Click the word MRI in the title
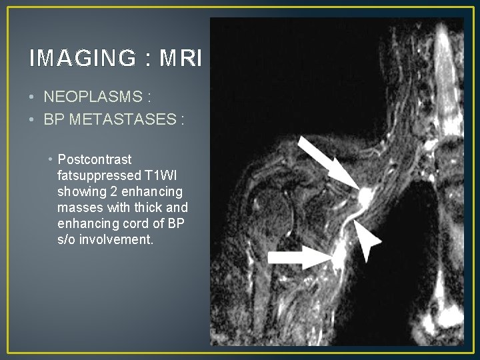pyautogui.click(x=181, y=59)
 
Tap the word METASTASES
pyautogui.click(x=125, y=120)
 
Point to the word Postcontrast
pyautogui.click(x=95, y=160)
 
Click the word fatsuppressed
pyautogui.click(x=99, y=176)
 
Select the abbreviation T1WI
pyautogui.click(x=167, y=176)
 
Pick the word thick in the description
pyautogui.click(x=152, y=207)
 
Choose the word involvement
pyautogui.click(x=116, y=239)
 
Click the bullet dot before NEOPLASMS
pyautogui.click(x=33, y=98)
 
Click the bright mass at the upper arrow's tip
pyautogui.click(x=365, y=196)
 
